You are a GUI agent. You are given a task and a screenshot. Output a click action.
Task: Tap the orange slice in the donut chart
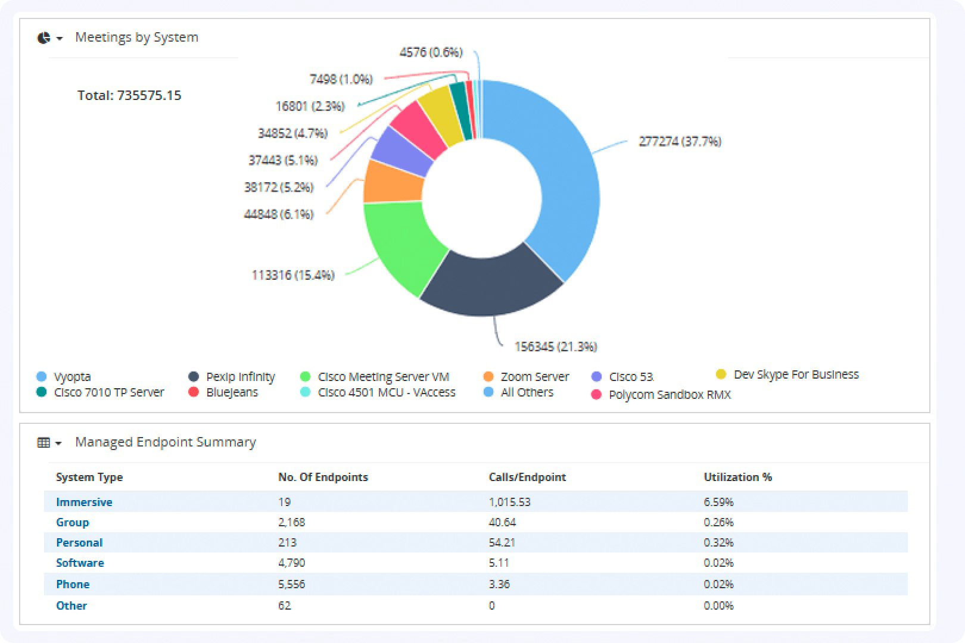point(390,182)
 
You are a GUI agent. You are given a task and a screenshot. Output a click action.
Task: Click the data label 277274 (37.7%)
point(680,142)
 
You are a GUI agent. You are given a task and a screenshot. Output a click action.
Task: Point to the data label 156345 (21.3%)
point(555,347)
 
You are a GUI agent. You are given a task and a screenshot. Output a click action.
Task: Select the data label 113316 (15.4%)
point(292,275)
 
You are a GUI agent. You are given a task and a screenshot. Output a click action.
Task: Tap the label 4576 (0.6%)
point(431,52)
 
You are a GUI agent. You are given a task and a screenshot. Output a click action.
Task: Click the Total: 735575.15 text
point(129,95)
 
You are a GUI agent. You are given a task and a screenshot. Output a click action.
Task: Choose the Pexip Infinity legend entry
point(239,377)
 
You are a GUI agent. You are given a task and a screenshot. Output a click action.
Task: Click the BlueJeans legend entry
point(231,392)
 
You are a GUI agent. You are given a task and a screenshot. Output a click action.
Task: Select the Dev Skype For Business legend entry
point(795,374)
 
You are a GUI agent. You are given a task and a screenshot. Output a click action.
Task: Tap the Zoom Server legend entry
point(534,377)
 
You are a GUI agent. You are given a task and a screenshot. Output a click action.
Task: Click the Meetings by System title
point(136,37)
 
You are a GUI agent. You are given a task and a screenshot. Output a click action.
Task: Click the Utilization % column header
point(737,477)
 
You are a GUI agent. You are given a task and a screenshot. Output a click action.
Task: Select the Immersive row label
point(84,502)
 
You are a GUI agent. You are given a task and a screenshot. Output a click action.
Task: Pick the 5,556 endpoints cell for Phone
point(291,584)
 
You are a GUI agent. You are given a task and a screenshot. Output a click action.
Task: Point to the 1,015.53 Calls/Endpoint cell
point(509,502)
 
